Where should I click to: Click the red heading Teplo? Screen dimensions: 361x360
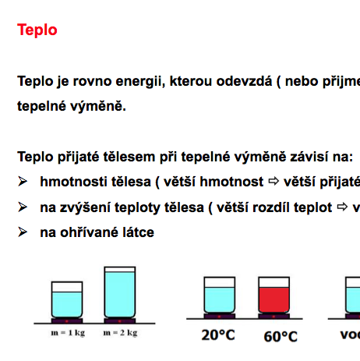point(37,30)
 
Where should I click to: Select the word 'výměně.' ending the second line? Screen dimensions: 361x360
point(98,106)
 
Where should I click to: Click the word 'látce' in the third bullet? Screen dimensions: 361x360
point(137,232)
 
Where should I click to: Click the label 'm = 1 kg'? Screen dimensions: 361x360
point(67,333)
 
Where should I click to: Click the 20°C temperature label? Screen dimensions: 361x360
point(218,337)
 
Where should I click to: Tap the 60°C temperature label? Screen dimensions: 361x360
point(280,337)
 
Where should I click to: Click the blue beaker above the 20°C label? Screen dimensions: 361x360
point(219,296)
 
